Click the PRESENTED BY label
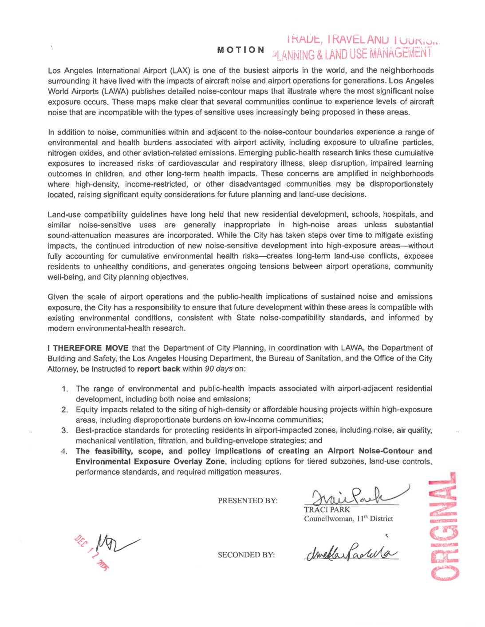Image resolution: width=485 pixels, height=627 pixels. tap(248, 501)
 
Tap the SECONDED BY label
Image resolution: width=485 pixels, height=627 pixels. tap(246, 555)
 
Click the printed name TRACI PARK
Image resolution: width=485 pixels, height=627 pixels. tap(327, 509)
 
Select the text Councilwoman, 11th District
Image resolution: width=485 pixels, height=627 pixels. tap(348, 519)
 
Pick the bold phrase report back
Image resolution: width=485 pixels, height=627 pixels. tap(158, 369)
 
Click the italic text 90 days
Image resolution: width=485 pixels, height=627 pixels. tap(219, 369)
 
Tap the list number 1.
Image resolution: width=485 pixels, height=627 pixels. tap(65, 389)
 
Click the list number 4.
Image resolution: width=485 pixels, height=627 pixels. tap(65, 452)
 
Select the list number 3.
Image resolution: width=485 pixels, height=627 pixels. tap(65, 430)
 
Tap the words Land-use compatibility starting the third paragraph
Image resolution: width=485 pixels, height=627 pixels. tap(86, 214)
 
